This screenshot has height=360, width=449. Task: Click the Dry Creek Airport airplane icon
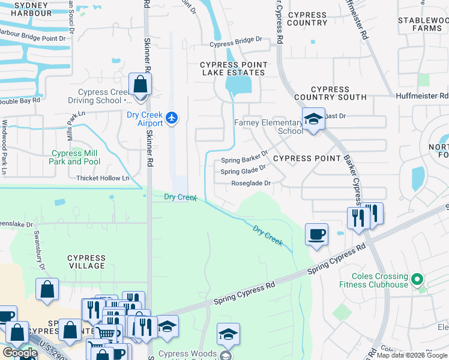tap(172, 116)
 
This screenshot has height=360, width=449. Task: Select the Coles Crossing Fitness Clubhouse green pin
tap(419, 279)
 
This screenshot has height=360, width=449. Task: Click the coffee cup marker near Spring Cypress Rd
tap(316, 234)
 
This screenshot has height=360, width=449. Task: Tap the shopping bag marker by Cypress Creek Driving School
tap(140, 86)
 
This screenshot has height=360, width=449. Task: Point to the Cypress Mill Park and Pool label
tap(74, 157)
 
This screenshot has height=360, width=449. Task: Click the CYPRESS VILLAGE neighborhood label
tap(87, 262)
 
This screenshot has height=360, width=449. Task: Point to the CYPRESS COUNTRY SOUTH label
tap(330, 93)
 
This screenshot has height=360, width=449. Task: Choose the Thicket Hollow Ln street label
tap(103, 178)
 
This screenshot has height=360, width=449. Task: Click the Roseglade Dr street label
tap(252, 183)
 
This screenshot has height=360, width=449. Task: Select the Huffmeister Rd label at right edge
tap(422, 95)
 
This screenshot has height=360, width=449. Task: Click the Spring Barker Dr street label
tap(244, 160)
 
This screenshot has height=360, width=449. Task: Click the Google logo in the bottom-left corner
tap(20, 353)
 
